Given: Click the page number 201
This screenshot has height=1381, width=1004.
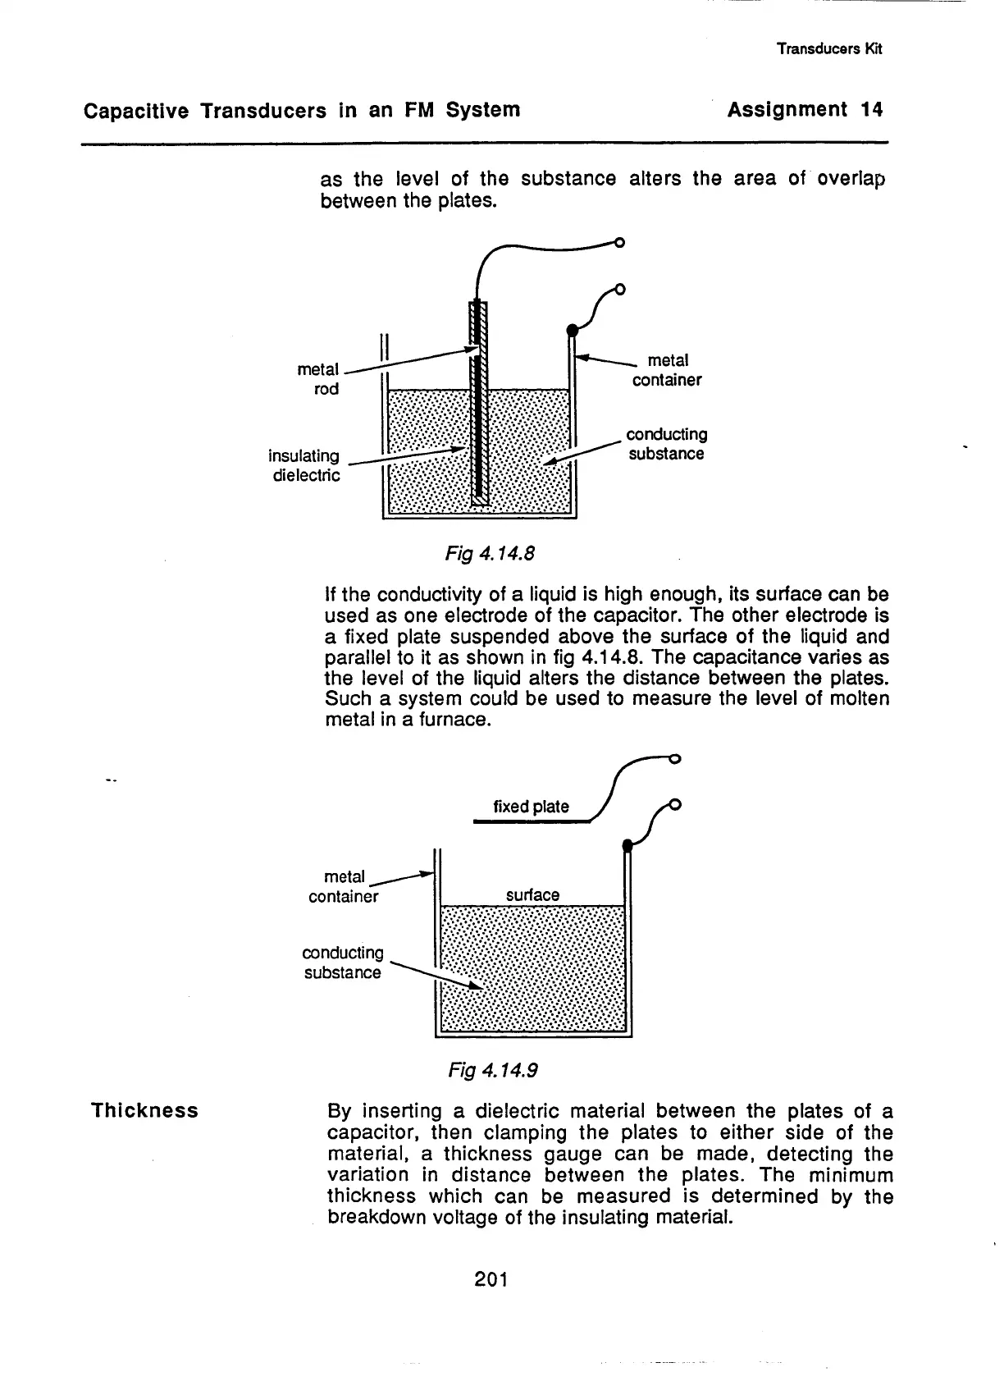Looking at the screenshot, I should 491,1278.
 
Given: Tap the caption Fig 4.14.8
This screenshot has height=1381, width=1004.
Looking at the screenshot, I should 490,554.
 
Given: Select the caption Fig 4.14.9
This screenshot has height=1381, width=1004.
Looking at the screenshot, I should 492,1070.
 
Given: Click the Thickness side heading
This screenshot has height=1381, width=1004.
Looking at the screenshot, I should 144,1111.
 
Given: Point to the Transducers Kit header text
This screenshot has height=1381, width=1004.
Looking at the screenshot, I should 828,48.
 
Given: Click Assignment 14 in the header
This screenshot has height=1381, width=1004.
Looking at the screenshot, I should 805,110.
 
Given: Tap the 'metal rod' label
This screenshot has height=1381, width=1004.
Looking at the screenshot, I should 319,380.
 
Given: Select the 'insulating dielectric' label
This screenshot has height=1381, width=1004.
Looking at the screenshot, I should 304,465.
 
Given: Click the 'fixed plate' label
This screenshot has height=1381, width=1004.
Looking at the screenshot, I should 531,807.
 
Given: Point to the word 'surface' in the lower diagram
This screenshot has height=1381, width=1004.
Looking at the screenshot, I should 532,894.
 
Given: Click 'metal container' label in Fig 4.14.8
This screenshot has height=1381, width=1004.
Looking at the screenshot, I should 667,370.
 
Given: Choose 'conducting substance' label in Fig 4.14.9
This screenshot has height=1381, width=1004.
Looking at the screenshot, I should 343,963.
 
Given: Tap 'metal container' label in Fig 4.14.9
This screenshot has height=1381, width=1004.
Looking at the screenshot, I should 344,887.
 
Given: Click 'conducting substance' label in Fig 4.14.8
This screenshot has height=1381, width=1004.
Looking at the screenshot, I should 666,444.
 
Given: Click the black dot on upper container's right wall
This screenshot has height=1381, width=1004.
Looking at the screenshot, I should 573,330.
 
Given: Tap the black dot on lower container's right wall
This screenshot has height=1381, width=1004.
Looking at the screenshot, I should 627,845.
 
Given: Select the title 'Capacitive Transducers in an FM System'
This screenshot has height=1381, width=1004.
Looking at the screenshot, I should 302,110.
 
